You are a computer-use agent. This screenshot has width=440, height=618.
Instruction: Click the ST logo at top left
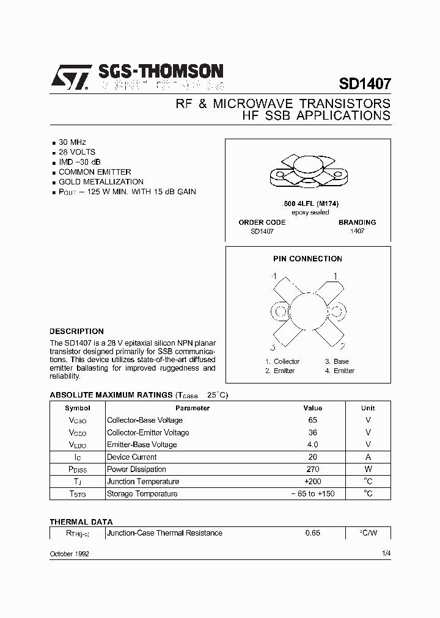(x=70, y=78)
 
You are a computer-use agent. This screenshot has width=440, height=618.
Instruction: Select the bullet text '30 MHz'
(x=72, y=142)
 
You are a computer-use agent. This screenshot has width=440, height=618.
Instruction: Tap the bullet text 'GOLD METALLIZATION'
(x=101, y=181)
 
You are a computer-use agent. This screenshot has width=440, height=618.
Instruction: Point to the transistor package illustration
(x=307, y=172)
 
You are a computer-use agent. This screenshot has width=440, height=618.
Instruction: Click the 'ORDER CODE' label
(x=262, y=222)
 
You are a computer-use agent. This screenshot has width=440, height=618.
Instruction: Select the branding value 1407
(x=357, y=232)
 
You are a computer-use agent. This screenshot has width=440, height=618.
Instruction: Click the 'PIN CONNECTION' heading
(x=307, y=259)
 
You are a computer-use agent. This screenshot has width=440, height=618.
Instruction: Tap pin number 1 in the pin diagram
(x=335, y=276)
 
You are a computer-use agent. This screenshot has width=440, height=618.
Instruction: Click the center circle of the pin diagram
(x=307, y=311)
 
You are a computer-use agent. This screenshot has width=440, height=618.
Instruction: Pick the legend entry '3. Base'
(x=337, y=362)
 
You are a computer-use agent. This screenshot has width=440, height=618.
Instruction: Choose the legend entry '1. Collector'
(x=282, y=362)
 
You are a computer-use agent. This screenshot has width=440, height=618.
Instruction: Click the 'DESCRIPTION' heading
(x=76, y=332)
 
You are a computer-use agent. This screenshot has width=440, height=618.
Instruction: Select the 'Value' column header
(x=312, y=408)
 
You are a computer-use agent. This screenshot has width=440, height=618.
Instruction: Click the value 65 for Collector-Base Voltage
(x=312, y=420)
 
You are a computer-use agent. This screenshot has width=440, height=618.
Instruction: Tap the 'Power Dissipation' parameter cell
(x=136, y=469)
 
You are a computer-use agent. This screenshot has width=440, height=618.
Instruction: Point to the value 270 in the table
(x=312, y=469)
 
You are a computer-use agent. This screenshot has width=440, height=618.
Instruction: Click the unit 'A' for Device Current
(x=368, y=457)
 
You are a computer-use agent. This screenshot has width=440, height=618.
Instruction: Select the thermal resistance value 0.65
(x=312, y=533)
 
